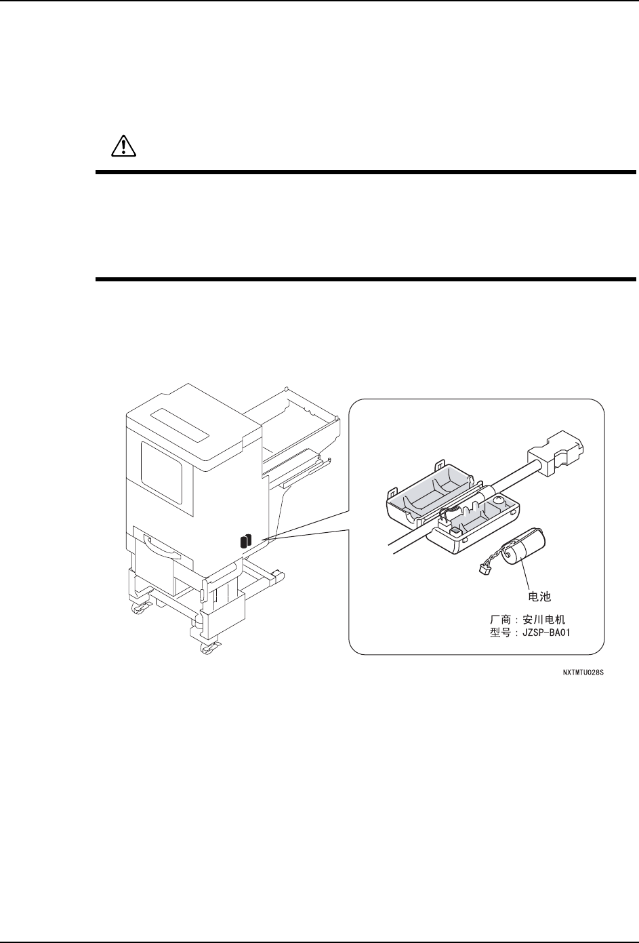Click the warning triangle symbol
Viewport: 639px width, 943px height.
[x=123, y=146]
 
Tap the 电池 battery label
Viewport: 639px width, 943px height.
[x=539, y=596]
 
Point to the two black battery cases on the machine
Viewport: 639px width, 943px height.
[x=246, y=541]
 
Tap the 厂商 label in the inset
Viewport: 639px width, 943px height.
[x=499, y=620]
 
